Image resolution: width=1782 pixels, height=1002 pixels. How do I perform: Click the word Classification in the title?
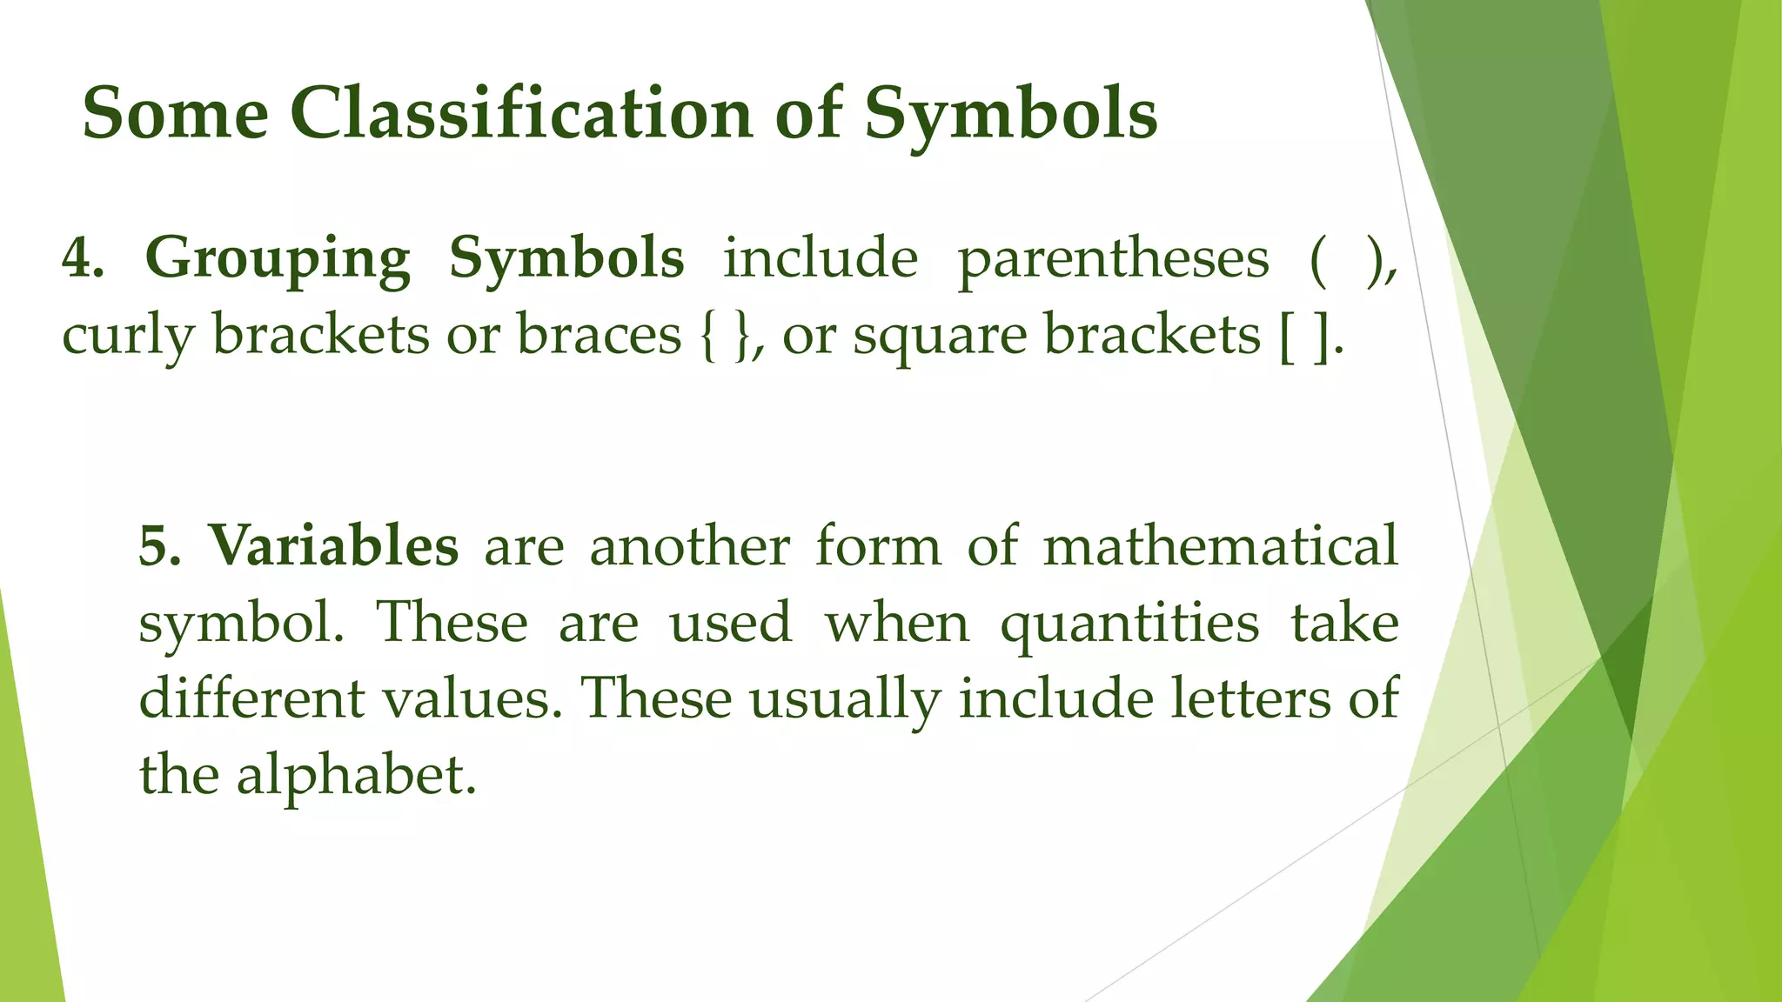pyautogui.click(x=521, y=114)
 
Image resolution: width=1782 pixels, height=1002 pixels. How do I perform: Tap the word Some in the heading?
pyautogui.click(x=175, y=114)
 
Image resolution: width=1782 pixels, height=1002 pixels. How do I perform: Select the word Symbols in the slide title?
pyautogui.click(x=1010, y=114)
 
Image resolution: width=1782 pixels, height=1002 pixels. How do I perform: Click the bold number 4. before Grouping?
pyautogui.click(x=83, y=258)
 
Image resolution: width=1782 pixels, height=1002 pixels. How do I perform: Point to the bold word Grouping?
pyautogui.click(x=277, y=258)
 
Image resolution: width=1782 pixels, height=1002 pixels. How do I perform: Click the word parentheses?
pyautogui.click(x=1113, y=258)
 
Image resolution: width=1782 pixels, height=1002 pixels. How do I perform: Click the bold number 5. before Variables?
pyautogui.click(x=160, y=546)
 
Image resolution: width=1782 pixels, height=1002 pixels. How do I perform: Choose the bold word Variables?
pyautogui.click(x=333, y=546)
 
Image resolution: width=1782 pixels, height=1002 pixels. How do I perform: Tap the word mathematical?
pyautogui.click(x=1220, y=546)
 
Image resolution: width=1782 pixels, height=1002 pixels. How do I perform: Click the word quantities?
pyautogui.click(x=1129, y=623)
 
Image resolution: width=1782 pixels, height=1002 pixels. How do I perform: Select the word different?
pyautogui.click(x=251, y=698)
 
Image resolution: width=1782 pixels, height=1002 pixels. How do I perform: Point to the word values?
pyautogui.click(x=471, y=698)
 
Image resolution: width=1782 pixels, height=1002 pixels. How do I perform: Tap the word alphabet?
pyautogui.click(x=357, y=774)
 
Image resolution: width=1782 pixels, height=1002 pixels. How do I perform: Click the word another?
pyautogui.click(x=690, y=546)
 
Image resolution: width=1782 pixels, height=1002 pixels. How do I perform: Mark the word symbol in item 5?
pyautogui.click(x=241, y=623)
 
